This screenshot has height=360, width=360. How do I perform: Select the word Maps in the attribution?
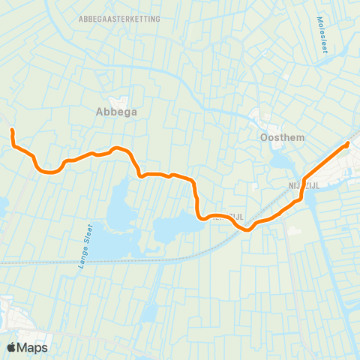click(33, 347)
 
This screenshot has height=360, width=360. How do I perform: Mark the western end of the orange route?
click(12, 131)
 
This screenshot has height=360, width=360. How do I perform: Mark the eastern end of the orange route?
click(348, 143)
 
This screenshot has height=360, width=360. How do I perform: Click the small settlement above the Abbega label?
click(118, 100)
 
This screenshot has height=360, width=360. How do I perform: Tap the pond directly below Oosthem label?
click(279, 160)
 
